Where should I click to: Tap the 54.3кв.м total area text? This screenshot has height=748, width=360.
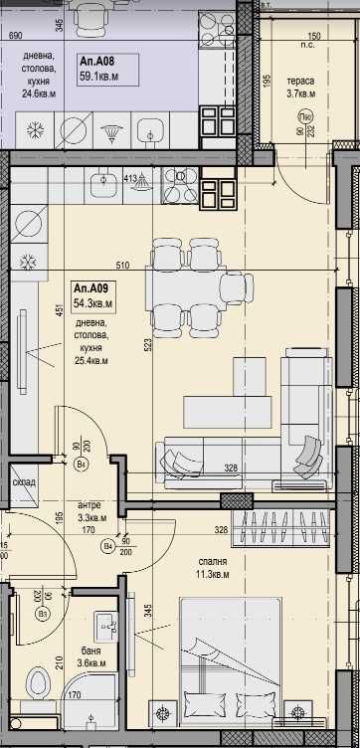[92, 303]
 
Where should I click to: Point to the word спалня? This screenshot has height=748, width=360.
[210, 560]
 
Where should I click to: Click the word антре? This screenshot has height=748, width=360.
[90, 504]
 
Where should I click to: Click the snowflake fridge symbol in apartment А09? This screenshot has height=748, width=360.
[30, 263]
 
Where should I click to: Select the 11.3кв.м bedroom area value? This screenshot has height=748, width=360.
[211, 574]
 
